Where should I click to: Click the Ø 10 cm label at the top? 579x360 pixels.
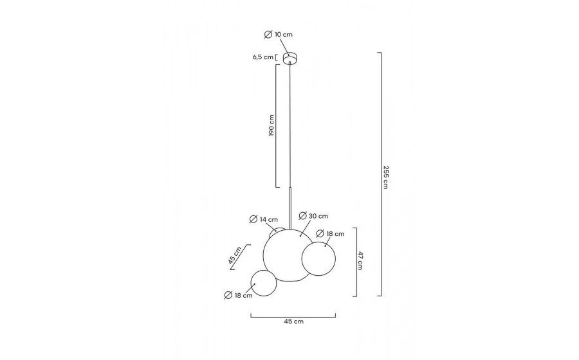(x=279, y=34)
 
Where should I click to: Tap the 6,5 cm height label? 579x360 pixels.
(x=263, y=57)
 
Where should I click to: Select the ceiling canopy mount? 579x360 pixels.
(x=290, y=59)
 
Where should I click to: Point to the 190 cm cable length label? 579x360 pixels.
(x=271, y=126)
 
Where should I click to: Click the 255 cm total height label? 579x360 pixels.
(x=385, y=177)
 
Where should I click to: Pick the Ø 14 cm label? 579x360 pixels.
(x=264, y=219)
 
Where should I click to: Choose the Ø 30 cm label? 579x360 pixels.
(x=313, y=216)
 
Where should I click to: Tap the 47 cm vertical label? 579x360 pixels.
(x=359, y=260)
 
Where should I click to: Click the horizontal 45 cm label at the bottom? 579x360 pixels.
(x=293, y=321)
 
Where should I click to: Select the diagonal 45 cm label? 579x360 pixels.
(x=235, y=255)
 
